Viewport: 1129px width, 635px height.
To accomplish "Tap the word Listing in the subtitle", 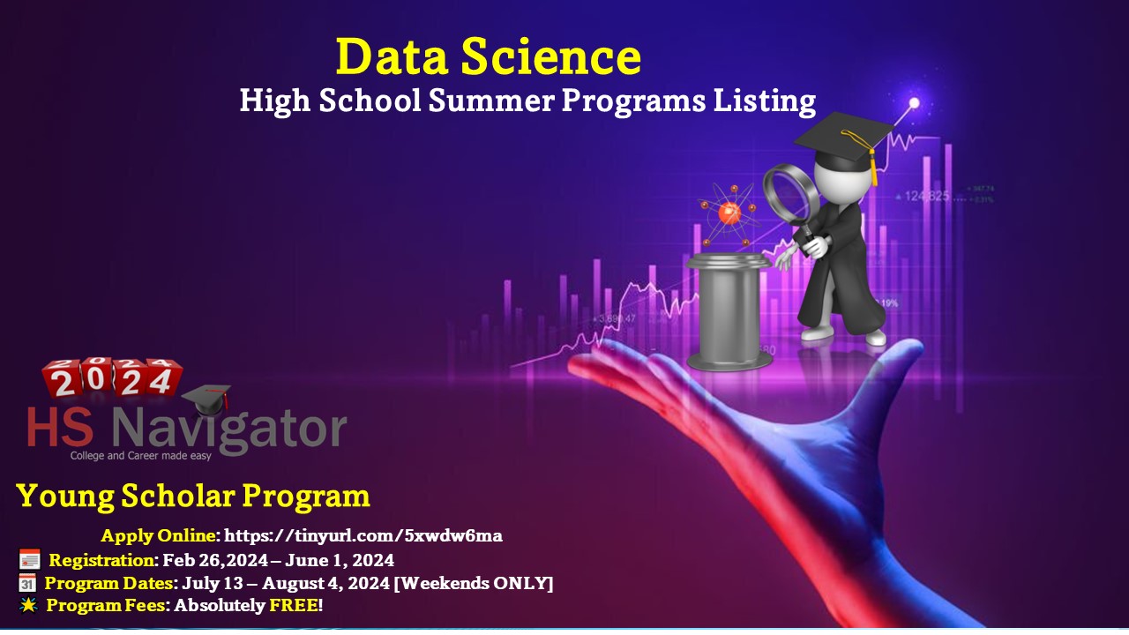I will [766, 101].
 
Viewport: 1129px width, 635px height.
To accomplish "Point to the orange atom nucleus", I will [729, 213].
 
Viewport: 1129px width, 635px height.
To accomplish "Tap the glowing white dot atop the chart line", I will [915, 103].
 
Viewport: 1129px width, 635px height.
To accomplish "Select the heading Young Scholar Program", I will [193, 496].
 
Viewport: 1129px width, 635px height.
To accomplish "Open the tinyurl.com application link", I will [363, 535].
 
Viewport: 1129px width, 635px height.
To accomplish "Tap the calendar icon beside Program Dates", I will [27, 583].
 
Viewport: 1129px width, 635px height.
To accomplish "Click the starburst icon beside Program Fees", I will [27, 605].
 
